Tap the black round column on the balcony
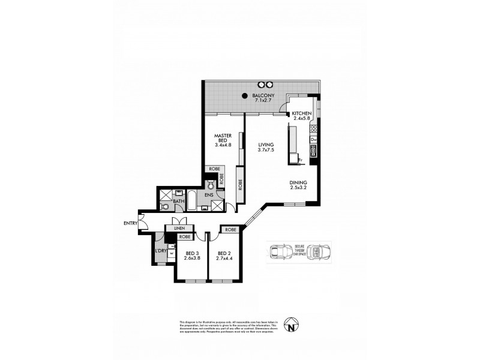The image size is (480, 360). coord(245,96)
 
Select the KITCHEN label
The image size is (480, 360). coord(302,113)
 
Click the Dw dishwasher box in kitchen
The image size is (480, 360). coord(313,140)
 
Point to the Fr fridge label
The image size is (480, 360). coord(301,160)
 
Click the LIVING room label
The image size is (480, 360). coord(266,145)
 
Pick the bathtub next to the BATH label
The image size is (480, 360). coord(191,199)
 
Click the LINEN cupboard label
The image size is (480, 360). coord(179,229)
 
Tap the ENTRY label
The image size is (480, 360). coord(130,224)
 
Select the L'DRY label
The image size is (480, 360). coord(161,250)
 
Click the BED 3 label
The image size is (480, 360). coord(192,253)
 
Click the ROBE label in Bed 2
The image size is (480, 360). coord(231,229)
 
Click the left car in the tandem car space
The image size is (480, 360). coord(278,251)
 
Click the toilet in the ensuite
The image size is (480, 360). coord(211,185)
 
